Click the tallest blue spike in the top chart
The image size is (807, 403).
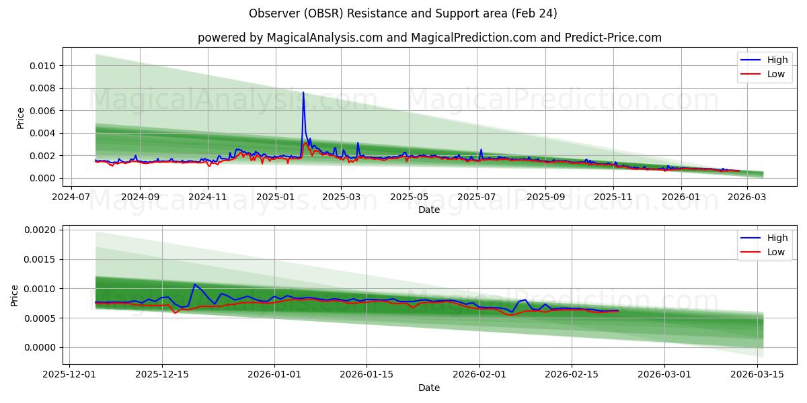[303, 93]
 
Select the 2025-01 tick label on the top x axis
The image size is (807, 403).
[275, 197]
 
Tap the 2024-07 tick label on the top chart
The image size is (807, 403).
[72, 197]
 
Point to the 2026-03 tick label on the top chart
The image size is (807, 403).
[748, 197]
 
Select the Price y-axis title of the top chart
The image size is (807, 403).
[20, 118]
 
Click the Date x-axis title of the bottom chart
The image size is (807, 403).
[429, 388]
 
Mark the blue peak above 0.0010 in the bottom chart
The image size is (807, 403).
[194, 284]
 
